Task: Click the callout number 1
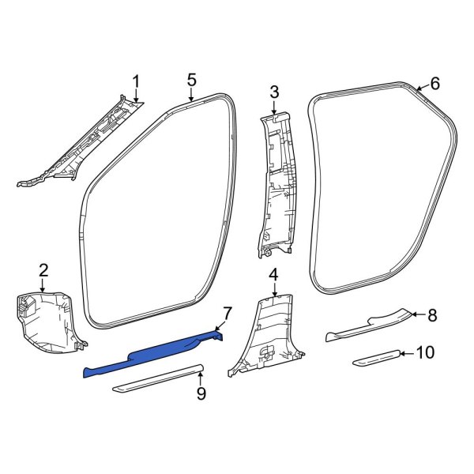(x=135, y=81)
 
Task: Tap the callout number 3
(x=274, y=92)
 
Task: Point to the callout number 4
(x=273, y=275)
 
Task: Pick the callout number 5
(x=191, y=80)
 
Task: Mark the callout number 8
(x=432, y=315)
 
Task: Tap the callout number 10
(x=424, y=352)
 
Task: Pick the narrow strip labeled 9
(x=158, y=379)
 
